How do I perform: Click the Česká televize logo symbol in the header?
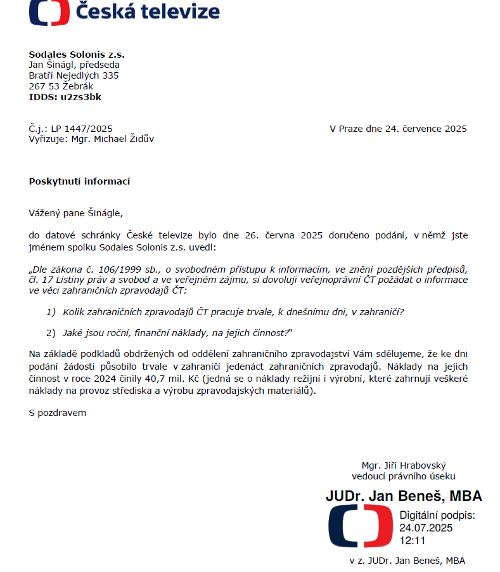click(49, 11)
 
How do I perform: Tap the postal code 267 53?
click(43, 86)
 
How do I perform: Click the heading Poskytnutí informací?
click(79, 181)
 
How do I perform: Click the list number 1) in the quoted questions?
click(51, 312)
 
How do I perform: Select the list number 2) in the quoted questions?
click(51, 332)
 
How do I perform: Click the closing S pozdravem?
click(57, 413)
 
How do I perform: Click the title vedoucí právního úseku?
click(403, 476)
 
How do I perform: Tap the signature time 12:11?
click(412, 540)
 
